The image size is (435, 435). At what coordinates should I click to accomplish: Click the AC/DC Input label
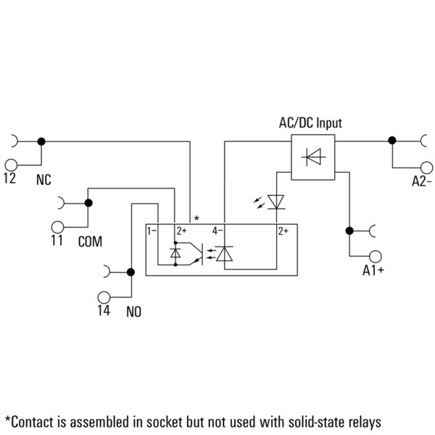tap(310, 123)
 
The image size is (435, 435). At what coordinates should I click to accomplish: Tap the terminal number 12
tap(9, 178)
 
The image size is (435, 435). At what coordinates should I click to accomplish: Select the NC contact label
tap(43, 180)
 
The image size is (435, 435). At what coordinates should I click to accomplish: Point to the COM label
tap(90, 241)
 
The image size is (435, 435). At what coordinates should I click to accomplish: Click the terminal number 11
tap(57, 240)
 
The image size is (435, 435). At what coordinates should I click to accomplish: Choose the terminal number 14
tap(104, 310)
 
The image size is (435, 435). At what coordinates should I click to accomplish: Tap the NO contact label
tap(133, 312)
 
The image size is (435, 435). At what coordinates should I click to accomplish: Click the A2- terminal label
tap(422, 181)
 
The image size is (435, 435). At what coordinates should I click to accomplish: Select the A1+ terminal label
tap(373, 270)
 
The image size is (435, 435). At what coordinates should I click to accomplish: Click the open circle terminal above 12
tap(11, 165)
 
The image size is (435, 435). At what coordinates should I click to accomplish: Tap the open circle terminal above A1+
tap(376, 257)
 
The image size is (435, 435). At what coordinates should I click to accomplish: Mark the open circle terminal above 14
tap(104, 297)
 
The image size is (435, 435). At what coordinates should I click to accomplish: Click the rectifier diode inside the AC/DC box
tap(313, 157)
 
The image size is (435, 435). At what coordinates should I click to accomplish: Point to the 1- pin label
tap(152, 231)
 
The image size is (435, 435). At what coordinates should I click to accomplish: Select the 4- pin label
tap(217, 231)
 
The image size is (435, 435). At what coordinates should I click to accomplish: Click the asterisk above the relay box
tap(196, 218)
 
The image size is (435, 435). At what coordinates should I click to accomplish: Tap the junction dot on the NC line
tap(41, 141)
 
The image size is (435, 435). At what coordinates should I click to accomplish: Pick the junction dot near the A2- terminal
tap(392, 141)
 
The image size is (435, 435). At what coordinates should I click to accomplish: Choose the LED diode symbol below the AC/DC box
tap(276, 202)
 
